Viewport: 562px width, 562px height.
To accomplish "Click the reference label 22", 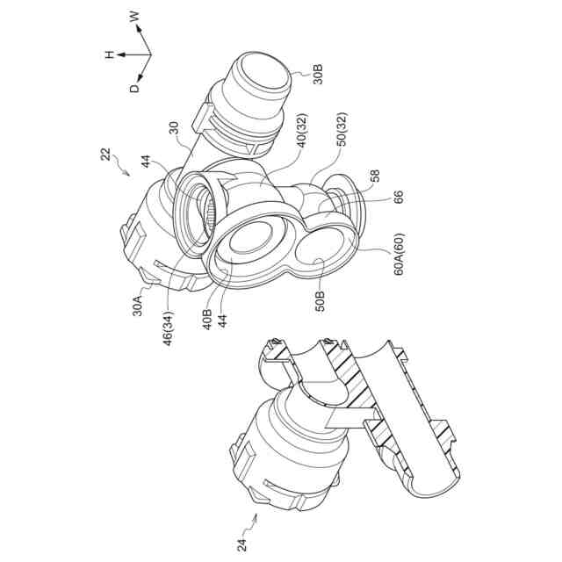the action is point(105,155).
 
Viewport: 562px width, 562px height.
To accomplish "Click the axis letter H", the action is point(110,54).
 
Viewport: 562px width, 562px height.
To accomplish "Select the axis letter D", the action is point(134,87).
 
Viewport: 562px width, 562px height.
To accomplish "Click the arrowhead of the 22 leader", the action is point(128,173).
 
